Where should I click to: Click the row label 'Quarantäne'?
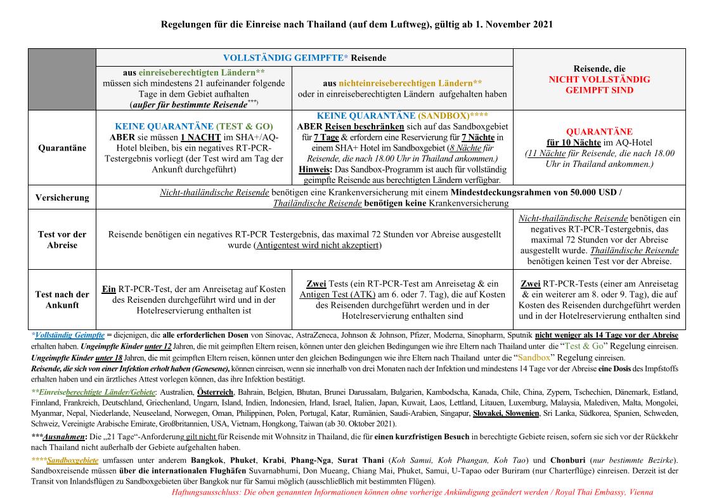click(62, 148)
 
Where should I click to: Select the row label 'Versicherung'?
click(62, 197)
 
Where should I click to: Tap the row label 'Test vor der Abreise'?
click(62, 239)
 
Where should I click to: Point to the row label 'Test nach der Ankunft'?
click(62, 300)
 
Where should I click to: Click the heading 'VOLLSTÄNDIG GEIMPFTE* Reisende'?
click(304, 58)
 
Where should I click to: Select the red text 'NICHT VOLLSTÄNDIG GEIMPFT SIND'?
click(599, 84)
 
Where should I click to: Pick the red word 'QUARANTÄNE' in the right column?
click(599, 131)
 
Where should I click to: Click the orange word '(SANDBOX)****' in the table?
click(452, 116)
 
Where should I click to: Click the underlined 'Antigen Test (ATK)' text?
click(336, 295)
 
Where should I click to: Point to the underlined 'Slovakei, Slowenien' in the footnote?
click(505, 413)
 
